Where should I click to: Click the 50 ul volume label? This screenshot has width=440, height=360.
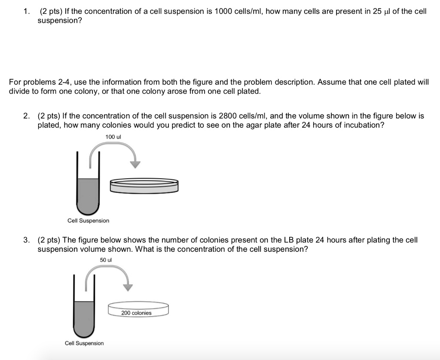click(106, 260)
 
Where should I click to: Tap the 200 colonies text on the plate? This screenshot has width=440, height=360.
click(136, 313)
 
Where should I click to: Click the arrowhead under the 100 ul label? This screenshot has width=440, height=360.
click(136, 164)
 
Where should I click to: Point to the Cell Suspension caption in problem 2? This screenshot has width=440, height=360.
click(88, 220)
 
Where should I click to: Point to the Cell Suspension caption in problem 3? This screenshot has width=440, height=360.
click(84, 343)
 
